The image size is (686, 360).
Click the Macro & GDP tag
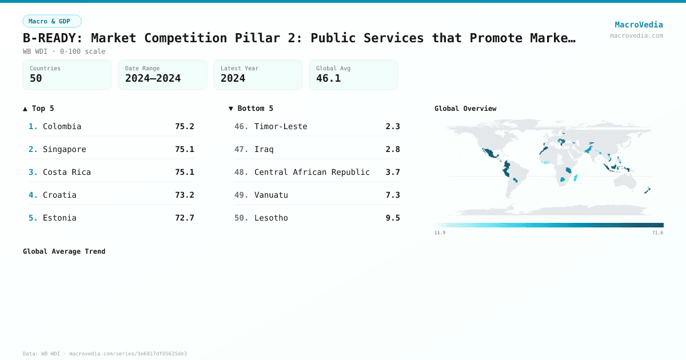52,21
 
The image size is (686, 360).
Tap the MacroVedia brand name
639,25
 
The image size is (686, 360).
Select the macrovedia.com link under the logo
636,35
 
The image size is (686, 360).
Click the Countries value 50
36,78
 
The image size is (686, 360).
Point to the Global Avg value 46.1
328,78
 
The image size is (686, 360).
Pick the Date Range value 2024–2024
153,78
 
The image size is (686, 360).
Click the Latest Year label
240,69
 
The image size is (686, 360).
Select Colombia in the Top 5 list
62,126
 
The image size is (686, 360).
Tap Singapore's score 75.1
184,149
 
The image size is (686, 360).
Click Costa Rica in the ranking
66,172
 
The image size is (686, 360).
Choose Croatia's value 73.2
184,195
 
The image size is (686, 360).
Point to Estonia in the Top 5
59,218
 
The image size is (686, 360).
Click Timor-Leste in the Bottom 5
281,126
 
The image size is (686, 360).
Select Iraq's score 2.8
393,149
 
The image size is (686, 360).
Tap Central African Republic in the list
312,172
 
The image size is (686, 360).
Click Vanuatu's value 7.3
393,195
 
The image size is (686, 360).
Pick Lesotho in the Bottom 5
271,218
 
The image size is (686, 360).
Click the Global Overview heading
465,109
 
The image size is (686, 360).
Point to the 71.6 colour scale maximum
656,233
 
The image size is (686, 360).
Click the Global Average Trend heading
64,251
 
